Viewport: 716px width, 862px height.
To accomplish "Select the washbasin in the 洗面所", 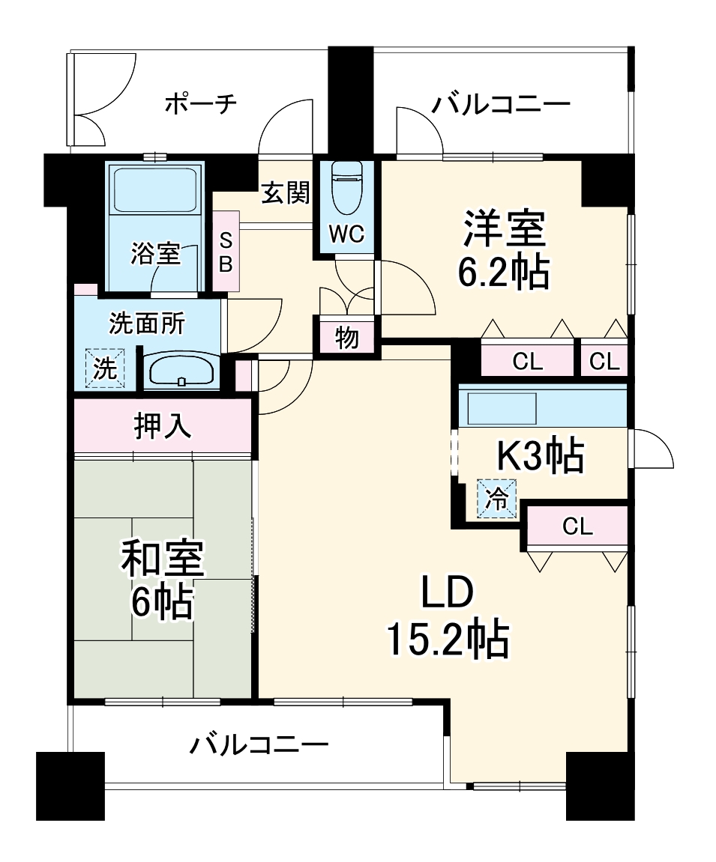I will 181,371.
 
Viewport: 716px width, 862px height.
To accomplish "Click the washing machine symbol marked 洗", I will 105,368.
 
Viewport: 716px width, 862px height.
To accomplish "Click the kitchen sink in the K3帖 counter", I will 502,408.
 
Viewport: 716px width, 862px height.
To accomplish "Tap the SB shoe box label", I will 226,252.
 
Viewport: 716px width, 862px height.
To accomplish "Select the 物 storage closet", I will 346,339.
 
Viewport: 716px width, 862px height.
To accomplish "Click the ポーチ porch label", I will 200,103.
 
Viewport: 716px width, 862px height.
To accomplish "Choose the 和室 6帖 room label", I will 162,580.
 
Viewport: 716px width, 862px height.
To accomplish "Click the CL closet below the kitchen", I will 577,526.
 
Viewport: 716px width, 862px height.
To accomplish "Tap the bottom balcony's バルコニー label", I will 259,745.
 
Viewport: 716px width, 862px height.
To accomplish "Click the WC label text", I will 347,234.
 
